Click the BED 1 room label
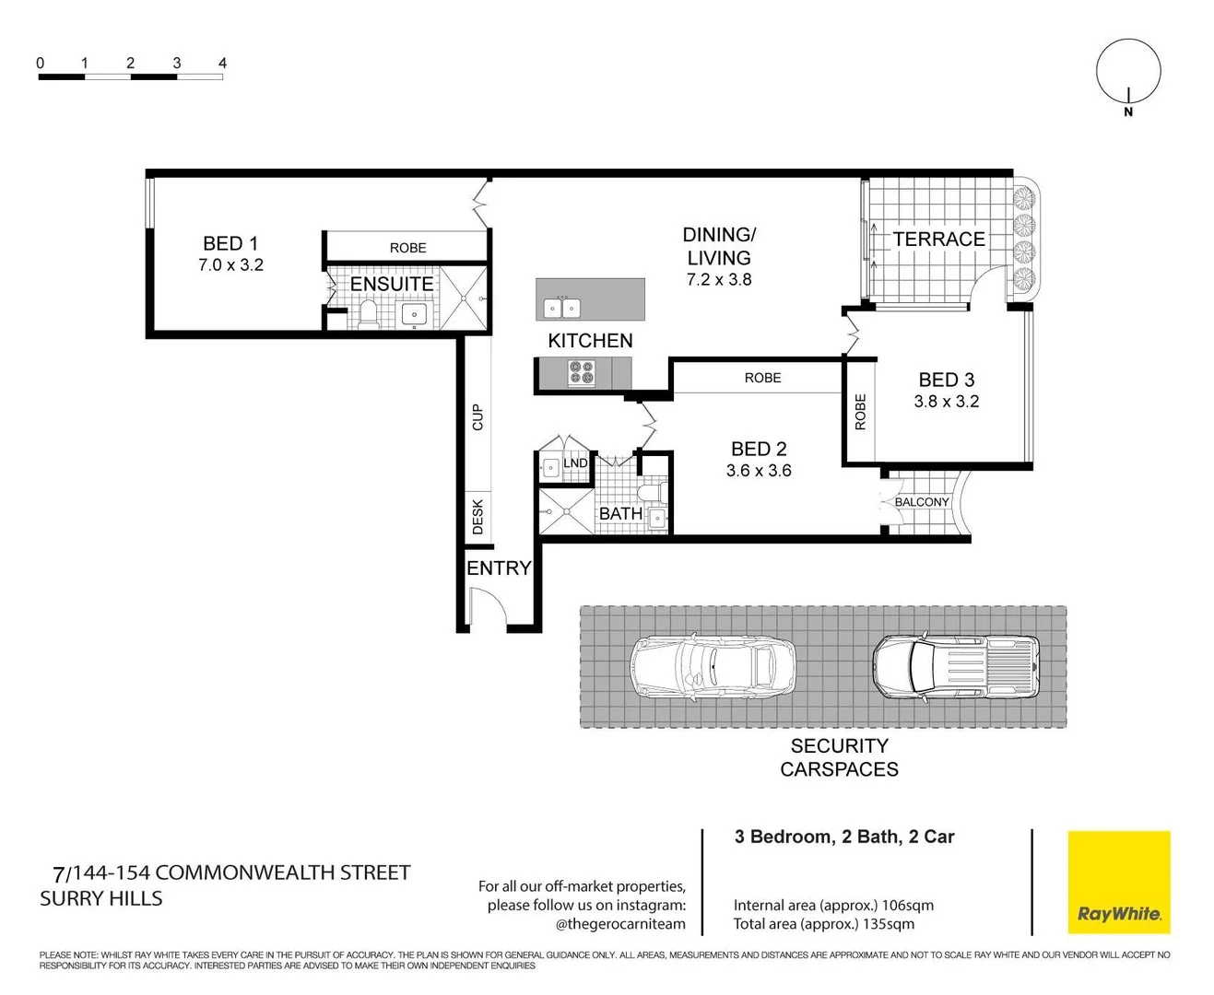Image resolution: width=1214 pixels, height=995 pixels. (x=230, y=244)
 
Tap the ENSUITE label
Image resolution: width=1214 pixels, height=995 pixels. (x=392, y=284)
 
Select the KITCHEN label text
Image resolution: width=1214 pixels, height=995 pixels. (x=590, y=341)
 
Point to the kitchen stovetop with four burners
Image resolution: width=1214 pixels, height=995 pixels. (x=581, y=372)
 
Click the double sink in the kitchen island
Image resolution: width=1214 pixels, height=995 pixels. (x=561, y=308)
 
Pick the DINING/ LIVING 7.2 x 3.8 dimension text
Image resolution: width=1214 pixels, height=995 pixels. (x=719, y=280)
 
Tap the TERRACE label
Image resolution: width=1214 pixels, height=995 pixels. (x=938, y=240)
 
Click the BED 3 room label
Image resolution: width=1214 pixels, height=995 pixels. (x=946, y=380)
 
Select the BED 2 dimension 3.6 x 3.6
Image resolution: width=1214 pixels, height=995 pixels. (x=758, y=471)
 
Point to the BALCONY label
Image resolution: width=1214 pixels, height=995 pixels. (x=922, y=502)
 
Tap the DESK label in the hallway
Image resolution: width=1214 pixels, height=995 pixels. (x=477, y=517)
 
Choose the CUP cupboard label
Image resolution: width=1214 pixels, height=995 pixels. (x=477, y=417)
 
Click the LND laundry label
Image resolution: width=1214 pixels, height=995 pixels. (x=575, y=463)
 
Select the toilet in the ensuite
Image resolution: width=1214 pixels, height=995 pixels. (x=368, y=314)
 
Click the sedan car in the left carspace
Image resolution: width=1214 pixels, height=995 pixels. (x=713, y=665)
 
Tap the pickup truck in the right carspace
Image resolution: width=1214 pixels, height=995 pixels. (x=955, y=665)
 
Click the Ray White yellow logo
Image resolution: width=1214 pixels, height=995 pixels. (x=1118, y=883)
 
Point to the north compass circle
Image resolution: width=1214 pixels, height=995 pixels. (x=1127, y=71)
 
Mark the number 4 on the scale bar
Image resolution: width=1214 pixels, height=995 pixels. (x=222, y=64)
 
